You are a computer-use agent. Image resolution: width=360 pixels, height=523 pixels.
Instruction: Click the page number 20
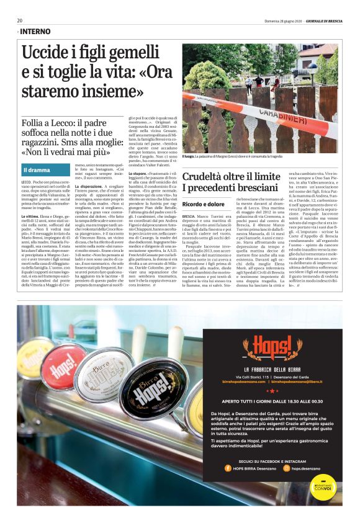click(x=19, y=20)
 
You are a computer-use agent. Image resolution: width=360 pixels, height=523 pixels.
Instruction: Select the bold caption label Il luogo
click(x=190, y=157)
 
